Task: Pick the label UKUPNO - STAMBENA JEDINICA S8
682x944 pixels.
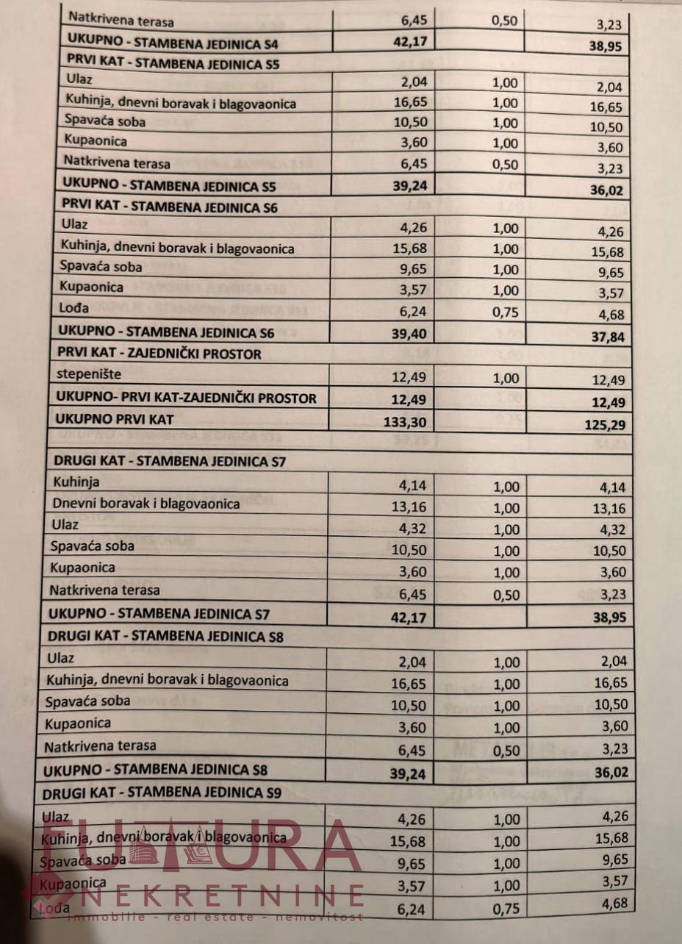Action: click(x=155, y=771)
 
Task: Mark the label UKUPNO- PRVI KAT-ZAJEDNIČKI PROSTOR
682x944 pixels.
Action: click(x=186, y=398)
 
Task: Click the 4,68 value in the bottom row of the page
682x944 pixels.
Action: click(x=612, y=903)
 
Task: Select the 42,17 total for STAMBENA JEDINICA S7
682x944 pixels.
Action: click(x=408, y=617)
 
